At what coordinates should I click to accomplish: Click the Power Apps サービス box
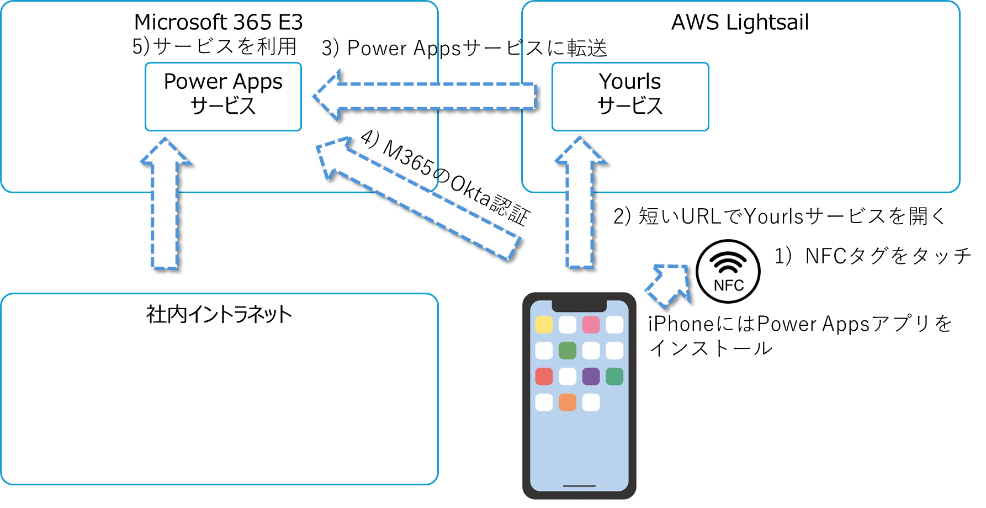click(223, 97)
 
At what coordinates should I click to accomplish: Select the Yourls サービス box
click(630, 97)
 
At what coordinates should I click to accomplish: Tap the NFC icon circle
click(728, 271)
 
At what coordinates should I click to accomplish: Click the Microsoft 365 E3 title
click(219, 22)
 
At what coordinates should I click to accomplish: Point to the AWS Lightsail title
click(740, 23)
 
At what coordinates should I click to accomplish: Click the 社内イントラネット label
click(219, 315)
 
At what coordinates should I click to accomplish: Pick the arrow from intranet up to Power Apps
click(166, 203)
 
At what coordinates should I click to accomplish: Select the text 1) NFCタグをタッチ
click(872, 256)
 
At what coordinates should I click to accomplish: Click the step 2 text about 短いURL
click(780, 216)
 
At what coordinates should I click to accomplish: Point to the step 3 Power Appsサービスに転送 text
click(464, 48)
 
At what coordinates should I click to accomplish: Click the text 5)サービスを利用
click(215, 46)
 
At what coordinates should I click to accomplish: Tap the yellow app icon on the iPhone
click(544, 325)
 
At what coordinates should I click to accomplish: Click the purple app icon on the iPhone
click(591, 377)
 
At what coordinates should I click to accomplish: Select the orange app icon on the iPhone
click(568, 403)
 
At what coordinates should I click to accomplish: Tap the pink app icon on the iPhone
click(591, 325)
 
